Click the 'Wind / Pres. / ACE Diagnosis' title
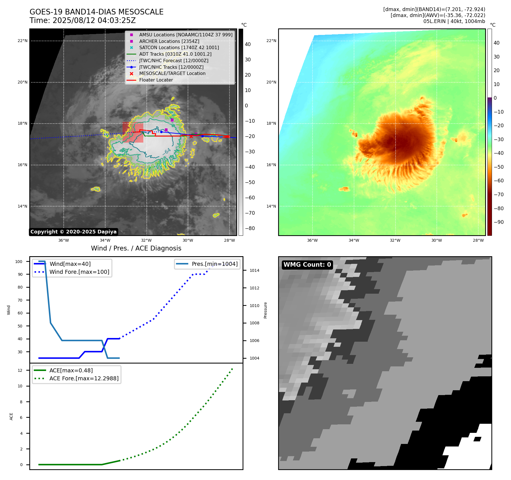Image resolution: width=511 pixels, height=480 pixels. pos(136,248)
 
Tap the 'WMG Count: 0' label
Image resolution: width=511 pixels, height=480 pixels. pos(307,265)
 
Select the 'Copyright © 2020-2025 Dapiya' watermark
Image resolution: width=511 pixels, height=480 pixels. pos(73,232)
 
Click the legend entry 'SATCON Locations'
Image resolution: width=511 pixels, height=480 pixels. pos(179,47)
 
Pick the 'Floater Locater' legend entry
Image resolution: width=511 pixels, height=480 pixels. pos(156,80)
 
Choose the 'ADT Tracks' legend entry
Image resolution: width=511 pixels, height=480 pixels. pos(175,54)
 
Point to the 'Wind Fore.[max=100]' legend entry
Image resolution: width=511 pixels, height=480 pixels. pos(79,272)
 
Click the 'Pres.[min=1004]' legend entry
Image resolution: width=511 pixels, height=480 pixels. pos(214,264)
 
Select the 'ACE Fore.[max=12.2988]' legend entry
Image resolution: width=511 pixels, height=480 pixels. pos(84,378)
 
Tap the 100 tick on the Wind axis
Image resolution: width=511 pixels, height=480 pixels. pos(19,262)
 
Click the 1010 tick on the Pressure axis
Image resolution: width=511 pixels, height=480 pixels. pos(254,306)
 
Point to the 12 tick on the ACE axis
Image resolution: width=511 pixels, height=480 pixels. pos(20,370)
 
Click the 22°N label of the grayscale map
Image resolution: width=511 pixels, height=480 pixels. pos(22,41)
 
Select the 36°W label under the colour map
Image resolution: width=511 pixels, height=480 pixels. pos(312,240)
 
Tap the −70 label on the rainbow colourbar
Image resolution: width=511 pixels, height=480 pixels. pos(498,195)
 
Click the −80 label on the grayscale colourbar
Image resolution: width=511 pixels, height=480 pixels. pos(250,228)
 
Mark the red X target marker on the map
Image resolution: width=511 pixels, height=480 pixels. pos(191,137)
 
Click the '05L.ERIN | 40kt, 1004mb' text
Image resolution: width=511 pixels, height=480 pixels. pos(454,21)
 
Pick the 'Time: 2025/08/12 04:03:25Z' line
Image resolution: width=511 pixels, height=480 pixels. pos(83,20)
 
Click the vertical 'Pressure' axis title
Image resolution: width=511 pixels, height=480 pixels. pos(265,310)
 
